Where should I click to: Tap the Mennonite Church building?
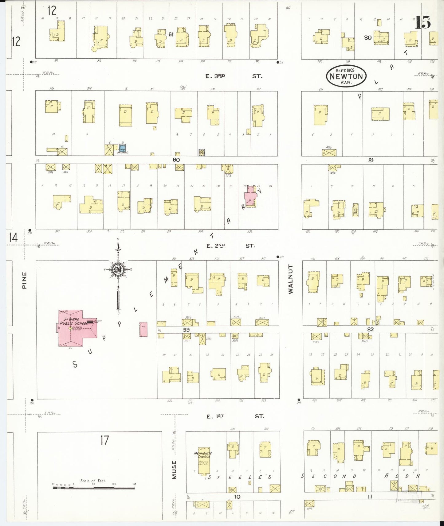pos(203,461)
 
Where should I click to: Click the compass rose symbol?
pos(118,269)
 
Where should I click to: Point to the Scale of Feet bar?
pos(94,487)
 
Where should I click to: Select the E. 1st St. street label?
pos(234,416)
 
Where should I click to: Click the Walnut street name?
pos(291,279)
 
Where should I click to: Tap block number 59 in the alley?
pos(186,330)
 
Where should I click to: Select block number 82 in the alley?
pos(370,329)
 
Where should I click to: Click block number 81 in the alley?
pos(371,160)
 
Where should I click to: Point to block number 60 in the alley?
pos(176,160)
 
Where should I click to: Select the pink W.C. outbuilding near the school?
pos(143,329)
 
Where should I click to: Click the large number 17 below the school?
pos(104,440)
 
